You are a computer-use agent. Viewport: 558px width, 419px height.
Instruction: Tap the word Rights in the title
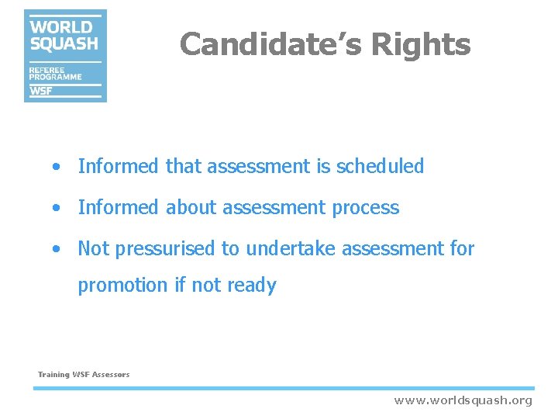click(420, 44)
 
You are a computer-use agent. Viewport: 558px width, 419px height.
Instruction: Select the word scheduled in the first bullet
click(380, 166)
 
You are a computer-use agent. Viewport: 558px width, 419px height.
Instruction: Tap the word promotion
click(122, 286)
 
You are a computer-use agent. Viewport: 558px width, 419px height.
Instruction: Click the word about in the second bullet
click(191, 208)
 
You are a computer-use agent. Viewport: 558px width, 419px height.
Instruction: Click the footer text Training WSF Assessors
click(84, 375)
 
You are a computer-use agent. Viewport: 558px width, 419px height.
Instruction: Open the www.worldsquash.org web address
click(463, 400)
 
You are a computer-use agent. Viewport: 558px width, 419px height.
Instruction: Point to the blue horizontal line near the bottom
click(283, 388)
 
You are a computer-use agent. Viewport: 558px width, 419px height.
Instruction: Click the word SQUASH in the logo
click(64, 43)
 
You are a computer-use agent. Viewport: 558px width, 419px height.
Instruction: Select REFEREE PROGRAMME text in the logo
click(54, 74)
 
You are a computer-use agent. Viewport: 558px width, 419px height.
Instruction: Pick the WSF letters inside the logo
click(42, 91)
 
